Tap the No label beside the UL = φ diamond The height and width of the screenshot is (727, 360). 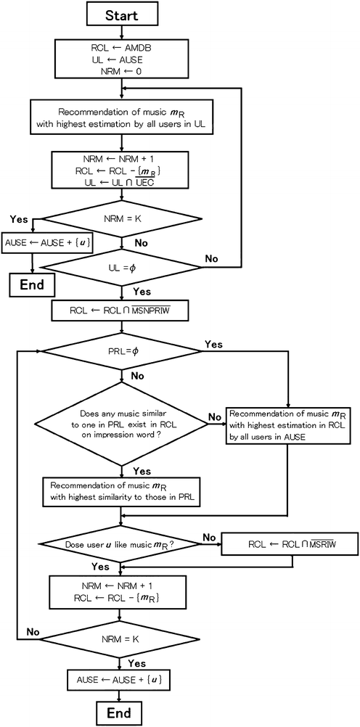[x=211, y=258]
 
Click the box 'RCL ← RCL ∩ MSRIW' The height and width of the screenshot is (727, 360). [x=288, y=544]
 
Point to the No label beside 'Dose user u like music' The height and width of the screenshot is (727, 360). [x=210, y=536]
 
